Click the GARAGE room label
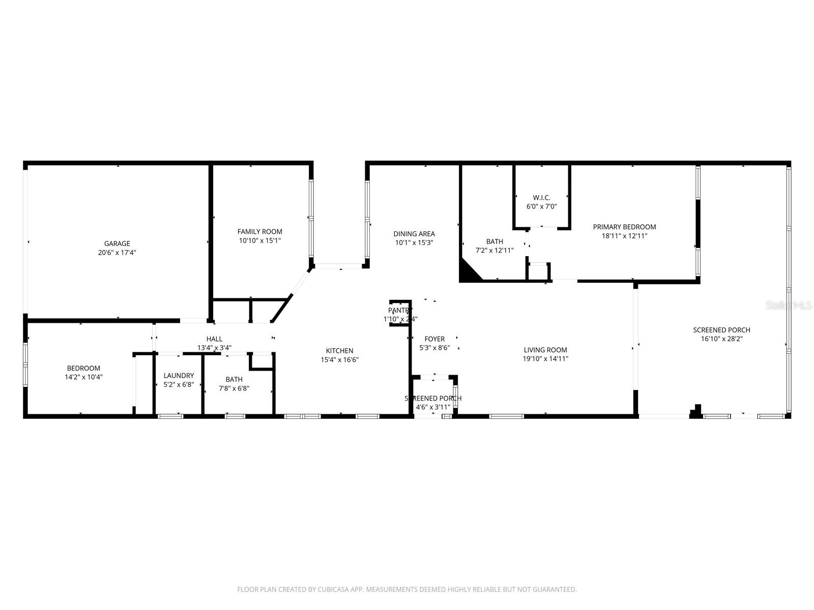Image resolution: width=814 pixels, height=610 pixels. click(x=117, y=243)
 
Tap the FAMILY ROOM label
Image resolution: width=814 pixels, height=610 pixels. click(x=259, y=232)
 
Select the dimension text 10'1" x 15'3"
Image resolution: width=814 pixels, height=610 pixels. click(x=414, y=243)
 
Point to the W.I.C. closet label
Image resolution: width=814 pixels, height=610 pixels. click(x=541, y=198)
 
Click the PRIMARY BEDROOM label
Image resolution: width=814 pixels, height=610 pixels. click(x=624, y=227)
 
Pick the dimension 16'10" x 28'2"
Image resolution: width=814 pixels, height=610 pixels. click(x=721, y=339)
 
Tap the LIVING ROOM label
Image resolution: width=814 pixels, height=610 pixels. click(x=545, y=350)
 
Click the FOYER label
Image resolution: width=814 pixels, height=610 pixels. click(x=434, y=339)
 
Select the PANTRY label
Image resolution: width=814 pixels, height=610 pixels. click(x=400, y=310)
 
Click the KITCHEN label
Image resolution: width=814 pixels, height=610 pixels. click(x=339, y=351)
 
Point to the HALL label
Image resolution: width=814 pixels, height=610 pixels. click(x=214, y=339)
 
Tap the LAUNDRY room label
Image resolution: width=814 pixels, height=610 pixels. click(x=179, y=376)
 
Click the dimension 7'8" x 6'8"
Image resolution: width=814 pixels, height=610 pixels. click(x=234, y=388)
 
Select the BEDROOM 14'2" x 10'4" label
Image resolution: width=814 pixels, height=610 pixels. click(x=83, y=369)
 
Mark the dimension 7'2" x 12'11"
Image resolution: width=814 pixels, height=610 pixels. click(x=495, y=251)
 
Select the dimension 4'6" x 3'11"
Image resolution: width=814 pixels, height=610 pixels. click(x=433, y=407)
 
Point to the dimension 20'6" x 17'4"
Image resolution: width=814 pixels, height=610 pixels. click(x=117, y=253)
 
